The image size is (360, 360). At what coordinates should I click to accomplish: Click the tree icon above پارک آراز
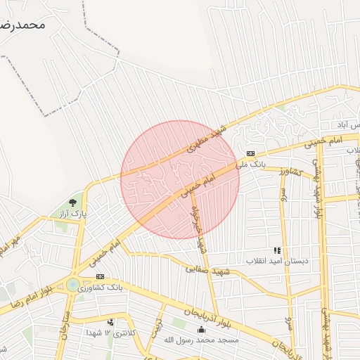pyautogui.click(x=73, y=202)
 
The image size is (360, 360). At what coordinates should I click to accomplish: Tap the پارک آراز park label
pyautogui.click(x=72, y=212)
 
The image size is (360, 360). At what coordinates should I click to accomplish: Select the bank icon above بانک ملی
pyautogui.click(x=250, y=154)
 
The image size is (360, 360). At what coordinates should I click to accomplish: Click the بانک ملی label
pyautogui.click(x=251, y=165)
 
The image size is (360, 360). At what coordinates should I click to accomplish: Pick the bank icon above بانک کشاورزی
pyautogui.click(x=100, y=276)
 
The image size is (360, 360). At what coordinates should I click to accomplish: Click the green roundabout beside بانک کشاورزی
pyautogui.click(x=72, y=285)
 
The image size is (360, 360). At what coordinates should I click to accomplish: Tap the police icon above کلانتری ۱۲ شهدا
pyautogui.click(x=110, y=323)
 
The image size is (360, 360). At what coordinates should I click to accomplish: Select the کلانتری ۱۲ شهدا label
pyautogui.click(x=109, y=332)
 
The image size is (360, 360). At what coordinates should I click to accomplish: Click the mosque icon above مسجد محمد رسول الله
pyautogui.click(x=202, y=330)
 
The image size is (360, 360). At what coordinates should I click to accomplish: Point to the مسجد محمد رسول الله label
pyautogui.click(x=202, y=340)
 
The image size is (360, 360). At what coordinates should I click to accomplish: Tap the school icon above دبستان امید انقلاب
pyautogui.click(x=277, y=250)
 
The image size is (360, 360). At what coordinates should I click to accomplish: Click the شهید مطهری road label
pyautogui.click(x=204, y=140)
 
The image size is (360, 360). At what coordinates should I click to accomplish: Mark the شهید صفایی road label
pyautogui.click(x=203, y=268)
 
